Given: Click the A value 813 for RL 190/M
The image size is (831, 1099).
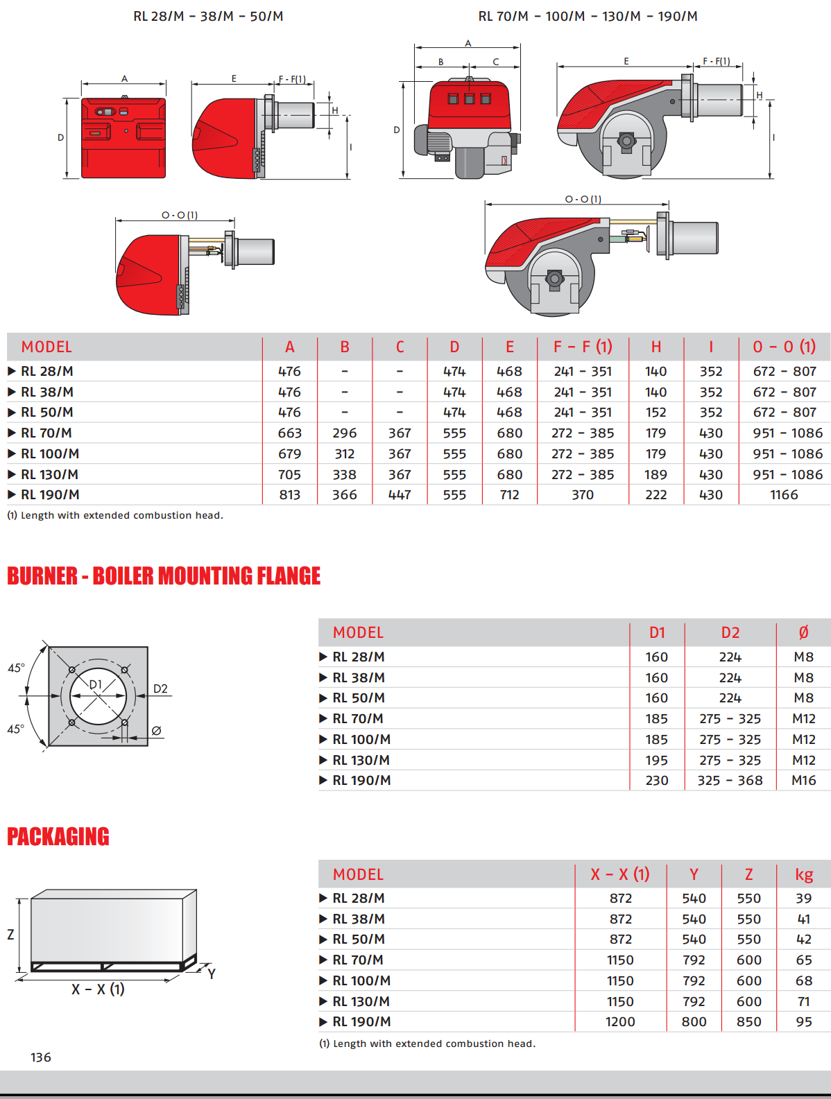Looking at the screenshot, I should pos(289,495).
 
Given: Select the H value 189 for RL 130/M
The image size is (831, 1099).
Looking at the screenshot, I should pos(656,475).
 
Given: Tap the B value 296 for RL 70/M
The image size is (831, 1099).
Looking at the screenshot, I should pos(344,433).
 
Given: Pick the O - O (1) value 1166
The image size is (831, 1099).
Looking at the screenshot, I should pos(784,495).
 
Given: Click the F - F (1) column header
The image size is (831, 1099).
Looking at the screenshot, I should pos(583,347).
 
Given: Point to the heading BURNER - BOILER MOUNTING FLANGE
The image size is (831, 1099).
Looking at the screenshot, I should pos(164,576).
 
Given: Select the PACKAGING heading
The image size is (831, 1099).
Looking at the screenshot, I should pos(58,837).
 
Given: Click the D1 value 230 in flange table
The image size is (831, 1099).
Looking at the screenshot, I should pos(656,781).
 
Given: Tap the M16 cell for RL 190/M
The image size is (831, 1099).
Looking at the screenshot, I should pos(803,781).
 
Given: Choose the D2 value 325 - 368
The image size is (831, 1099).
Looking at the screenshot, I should pos(730,781).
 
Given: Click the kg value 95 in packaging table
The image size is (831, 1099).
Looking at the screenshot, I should pos(803,1022).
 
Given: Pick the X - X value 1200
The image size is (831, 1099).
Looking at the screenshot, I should pos(620,1022).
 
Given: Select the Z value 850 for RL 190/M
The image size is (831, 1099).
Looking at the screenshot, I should pos(748,1022).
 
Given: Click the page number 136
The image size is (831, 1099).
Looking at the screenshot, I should pos(41,1057).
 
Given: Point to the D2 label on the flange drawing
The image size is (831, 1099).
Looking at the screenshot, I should pos(160,689).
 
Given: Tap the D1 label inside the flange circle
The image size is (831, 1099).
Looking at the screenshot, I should pos(96,684).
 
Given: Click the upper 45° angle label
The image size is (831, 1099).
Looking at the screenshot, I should pos(16,668).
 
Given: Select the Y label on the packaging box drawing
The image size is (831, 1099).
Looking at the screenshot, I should pos(212,973).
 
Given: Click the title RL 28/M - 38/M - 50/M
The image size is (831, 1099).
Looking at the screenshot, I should pos(208,16).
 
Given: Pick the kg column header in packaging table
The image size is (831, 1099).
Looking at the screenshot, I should pos(803,875).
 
